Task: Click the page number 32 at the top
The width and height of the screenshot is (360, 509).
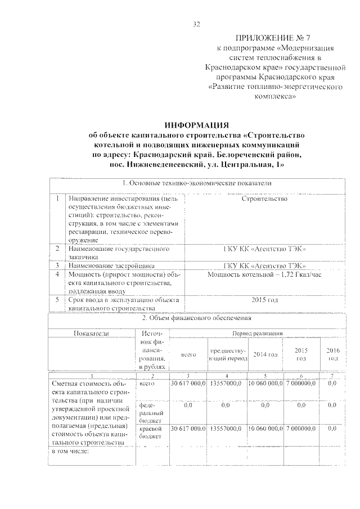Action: (197, 24)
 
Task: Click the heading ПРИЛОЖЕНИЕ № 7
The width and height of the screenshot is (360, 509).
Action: (266, 38)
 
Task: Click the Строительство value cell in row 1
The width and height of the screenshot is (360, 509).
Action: (264, 199)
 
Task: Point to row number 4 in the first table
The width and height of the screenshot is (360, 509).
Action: (57, 274)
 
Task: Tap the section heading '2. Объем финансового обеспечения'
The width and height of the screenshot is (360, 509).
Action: (197, 318)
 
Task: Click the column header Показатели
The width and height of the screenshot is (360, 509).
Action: (91, 333)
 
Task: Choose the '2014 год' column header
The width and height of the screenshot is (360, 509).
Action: (265, 354)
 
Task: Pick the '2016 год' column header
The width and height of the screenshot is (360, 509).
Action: (333, 354)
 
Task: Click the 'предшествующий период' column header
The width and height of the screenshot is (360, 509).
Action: (227, 354)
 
